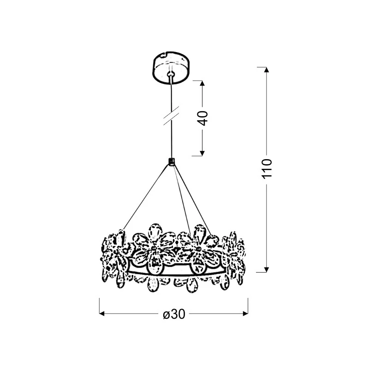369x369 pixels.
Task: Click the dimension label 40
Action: pos(203,119)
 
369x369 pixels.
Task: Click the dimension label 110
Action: pos(267,169)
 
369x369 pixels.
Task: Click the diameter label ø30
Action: pos(174,314)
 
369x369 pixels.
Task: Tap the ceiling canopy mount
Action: pos(171,68)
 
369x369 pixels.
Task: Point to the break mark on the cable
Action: pos(171,115)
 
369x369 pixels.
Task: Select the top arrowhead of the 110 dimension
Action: pos(266,70)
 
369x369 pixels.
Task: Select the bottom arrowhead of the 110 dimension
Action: pos(266,269)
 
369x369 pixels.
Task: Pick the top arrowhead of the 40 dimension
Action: pos(202,83)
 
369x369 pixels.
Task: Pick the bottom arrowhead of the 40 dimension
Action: pos(202,153)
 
